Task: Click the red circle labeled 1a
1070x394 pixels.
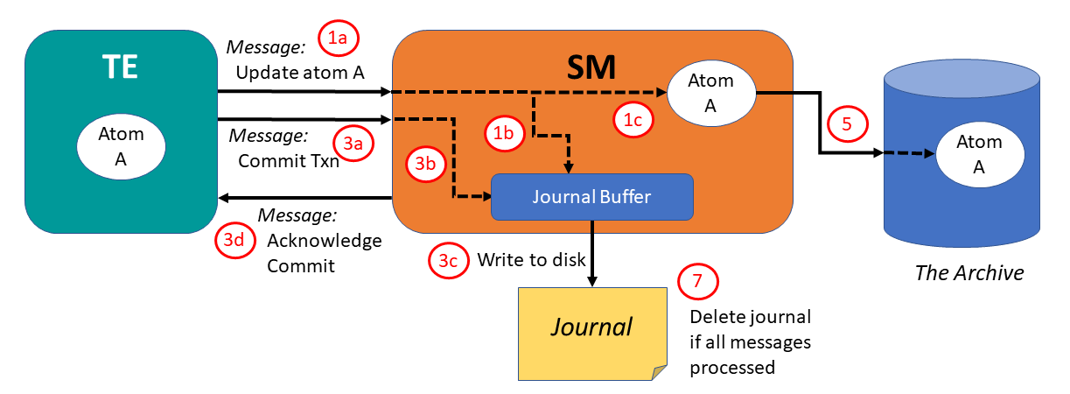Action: pos(339,37)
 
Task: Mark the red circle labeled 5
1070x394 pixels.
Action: pos(846,123)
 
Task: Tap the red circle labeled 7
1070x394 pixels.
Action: pos(697,281)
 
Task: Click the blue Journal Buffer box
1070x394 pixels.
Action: pos(592,197)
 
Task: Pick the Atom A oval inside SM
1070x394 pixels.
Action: pos(711,92)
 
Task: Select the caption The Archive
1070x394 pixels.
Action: pos(969,272)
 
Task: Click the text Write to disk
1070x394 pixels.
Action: pos(531,259)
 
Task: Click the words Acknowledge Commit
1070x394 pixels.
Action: pos(324,252)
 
